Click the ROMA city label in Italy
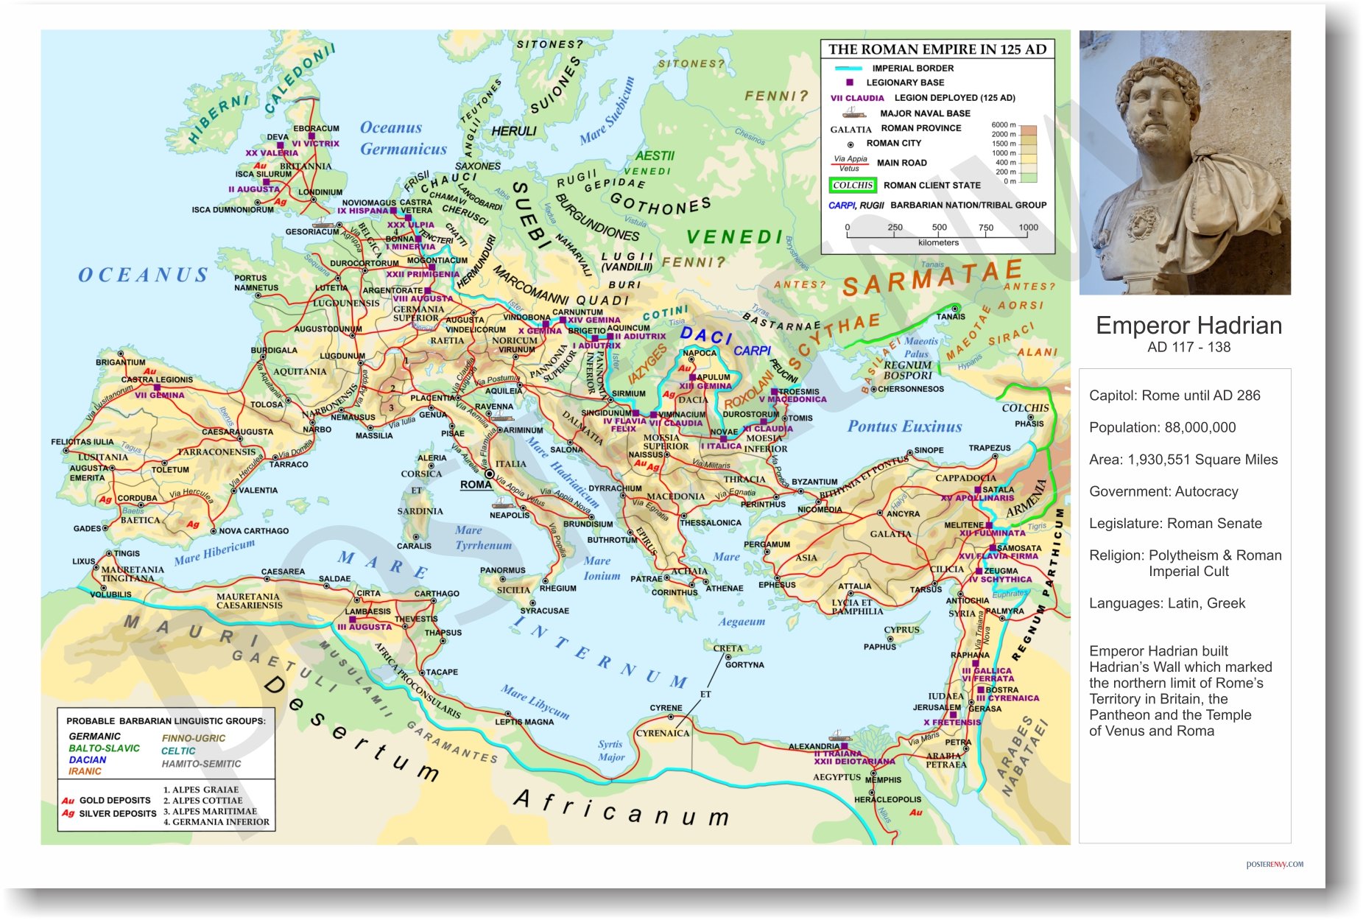coord(476,485)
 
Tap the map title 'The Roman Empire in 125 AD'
coord(937,49)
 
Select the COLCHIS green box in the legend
coord(853,186)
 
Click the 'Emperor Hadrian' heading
coord(1188,326)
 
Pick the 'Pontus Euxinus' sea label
coord(904,426)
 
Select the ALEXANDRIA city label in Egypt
coord(814,746)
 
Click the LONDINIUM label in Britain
coord(320,192)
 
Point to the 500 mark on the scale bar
coord(939,228)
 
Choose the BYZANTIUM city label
coord(814,482)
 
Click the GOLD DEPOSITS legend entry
coord(114,800)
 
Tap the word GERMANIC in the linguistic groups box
coord(94,736)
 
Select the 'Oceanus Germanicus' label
coord(403,138)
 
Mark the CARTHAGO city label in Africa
coord(436,593)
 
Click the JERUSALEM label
coord(936,707)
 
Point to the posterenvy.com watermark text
coord(1274,864)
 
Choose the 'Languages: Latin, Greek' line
coord(1166,603)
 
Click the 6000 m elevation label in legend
coord(1003,125)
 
